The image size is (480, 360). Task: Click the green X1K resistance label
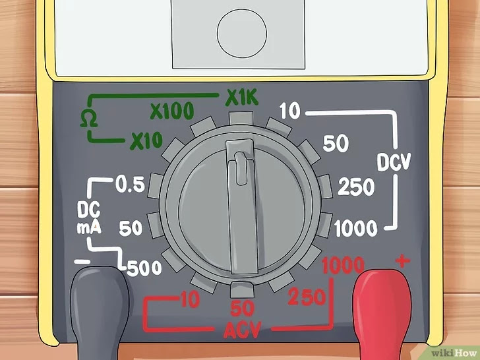click(243, 98)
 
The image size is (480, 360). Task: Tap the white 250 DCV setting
click(356, 188)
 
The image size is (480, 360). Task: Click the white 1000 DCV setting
click(355, 229)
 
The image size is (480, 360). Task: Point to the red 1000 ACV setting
click(343, 266)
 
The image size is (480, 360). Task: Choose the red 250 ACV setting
click(307, 297)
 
